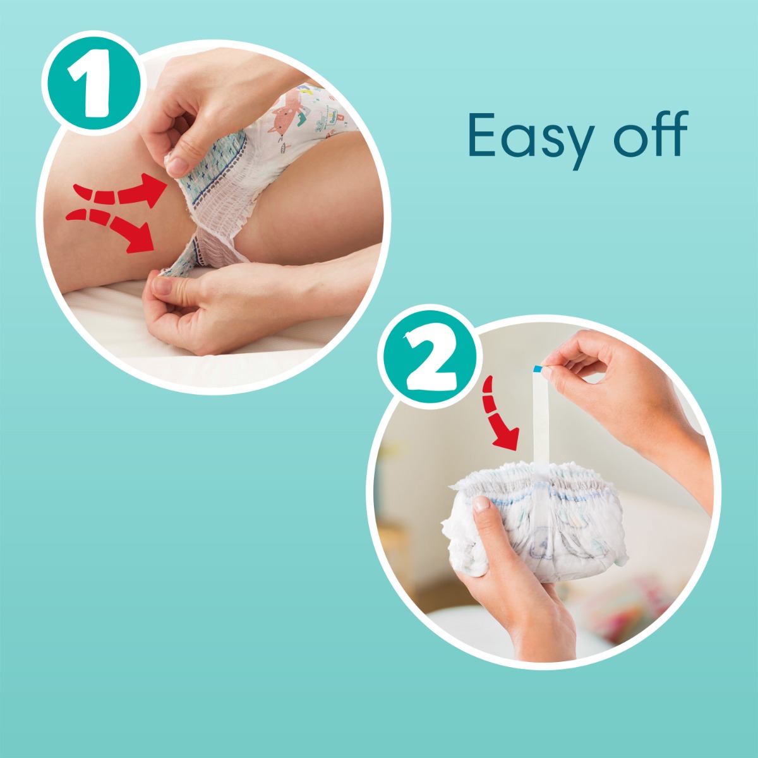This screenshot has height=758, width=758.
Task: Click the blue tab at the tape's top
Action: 538,368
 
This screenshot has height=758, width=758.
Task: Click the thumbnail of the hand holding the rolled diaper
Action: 481,504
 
